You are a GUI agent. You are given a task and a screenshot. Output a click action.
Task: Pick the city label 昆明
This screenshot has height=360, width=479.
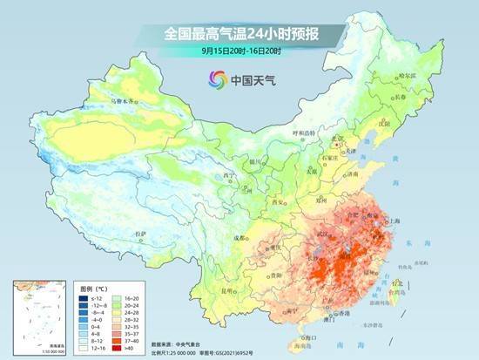(226, 289)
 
